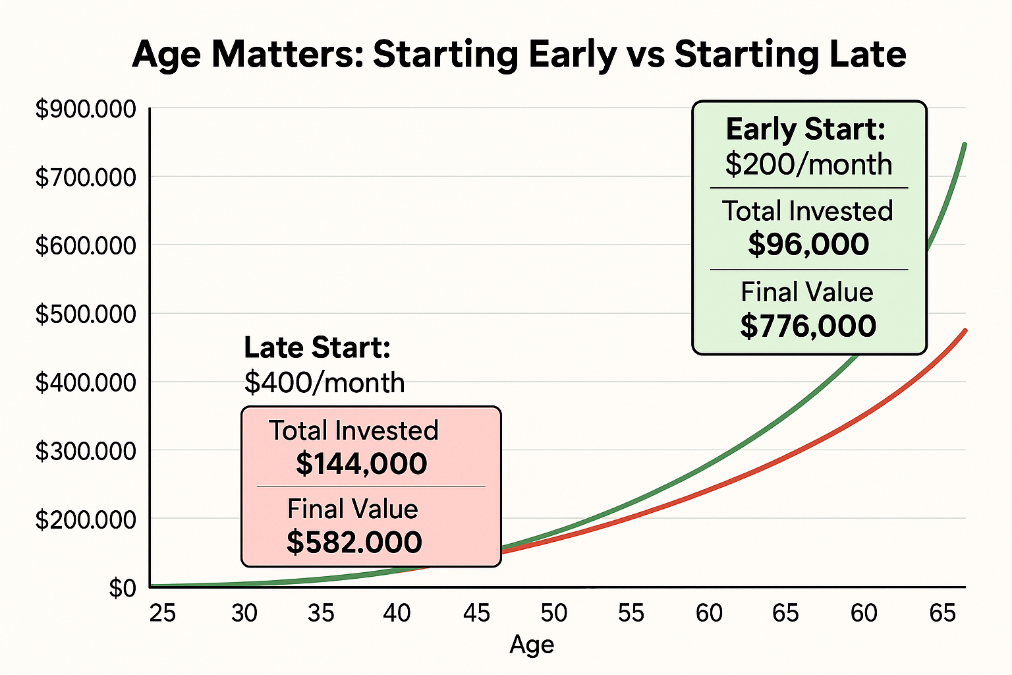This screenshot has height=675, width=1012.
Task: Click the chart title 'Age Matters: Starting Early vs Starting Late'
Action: [519, 55]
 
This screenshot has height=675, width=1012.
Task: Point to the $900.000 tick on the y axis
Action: [86, 109]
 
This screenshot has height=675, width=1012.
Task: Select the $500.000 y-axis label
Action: [86, 314]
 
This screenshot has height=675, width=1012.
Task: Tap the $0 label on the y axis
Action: [123, 588]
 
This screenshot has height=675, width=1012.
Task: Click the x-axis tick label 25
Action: [163, 613]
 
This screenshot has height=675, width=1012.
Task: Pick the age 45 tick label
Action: [476, 613]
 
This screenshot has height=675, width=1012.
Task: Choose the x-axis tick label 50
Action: [553, 613]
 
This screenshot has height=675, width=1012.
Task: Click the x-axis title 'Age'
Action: [532, 644]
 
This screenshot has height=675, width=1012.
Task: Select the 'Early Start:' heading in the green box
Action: [805, 129]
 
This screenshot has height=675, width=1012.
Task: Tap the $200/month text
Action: [808, 164]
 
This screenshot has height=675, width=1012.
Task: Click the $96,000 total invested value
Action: [808, 245]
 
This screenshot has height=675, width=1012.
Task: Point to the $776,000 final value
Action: [808, 326]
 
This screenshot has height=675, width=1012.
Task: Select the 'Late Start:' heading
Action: [317, 347]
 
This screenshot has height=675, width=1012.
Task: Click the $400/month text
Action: [324, 382]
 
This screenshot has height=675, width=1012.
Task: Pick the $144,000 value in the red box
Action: [361, 463]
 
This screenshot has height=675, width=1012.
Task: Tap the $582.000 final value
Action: [354, 542]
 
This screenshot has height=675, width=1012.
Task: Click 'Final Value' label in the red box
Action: [352, 509]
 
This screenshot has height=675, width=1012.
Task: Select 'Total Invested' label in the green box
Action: [808, 211]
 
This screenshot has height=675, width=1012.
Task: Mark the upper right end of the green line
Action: [965, 144]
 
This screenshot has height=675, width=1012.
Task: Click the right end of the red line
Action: [965, 330]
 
